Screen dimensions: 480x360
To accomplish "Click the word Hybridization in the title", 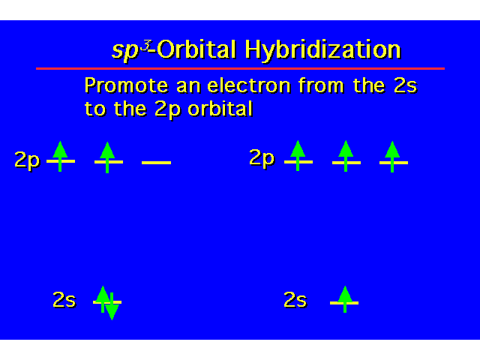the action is [323, 50].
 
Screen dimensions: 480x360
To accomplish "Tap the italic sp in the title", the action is [125, 51].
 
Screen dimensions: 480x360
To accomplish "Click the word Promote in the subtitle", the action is [126, 85].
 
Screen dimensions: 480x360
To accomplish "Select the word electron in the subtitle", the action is [249, 85].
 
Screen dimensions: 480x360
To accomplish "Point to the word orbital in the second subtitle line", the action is [220, 108].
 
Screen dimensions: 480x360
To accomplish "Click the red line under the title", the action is [240, 68].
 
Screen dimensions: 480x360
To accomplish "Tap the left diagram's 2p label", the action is [27, 160].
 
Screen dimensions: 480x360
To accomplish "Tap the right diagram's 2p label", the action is [262, 158].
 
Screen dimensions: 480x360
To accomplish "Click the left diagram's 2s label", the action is [64, 300].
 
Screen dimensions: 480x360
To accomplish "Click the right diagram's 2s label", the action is [295, 300].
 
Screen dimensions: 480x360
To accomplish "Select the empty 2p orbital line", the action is [156, 163].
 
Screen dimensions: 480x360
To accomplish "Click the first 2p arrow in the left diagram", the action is [60, 157].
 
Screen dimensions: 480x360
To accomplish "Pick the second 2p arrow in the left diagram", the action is [107, 157].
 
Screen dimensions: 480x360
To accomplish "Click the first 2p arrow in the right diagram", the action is [298, 155].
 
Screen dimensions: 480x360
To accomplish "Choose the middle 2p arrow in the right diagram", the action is [346, 156].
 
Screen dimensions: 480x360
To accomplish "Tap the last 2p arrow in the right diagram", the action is [392, 157].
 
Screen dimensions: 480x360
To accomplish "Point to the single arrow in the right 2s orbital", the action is [345, 299].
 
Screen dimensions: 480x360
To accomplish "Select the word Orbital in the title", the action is [196, 49].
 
